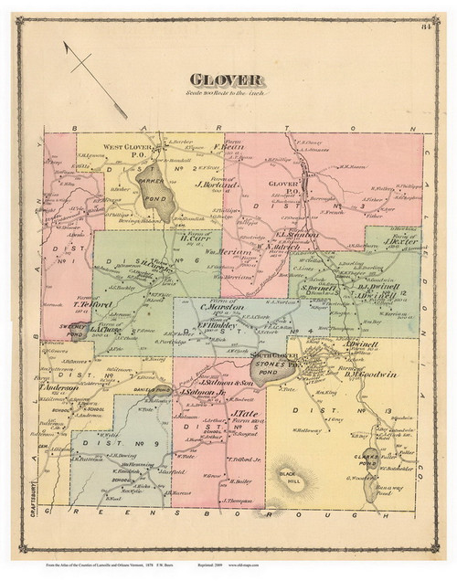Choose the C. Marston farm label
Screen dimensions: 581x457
tap(224, 307)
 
